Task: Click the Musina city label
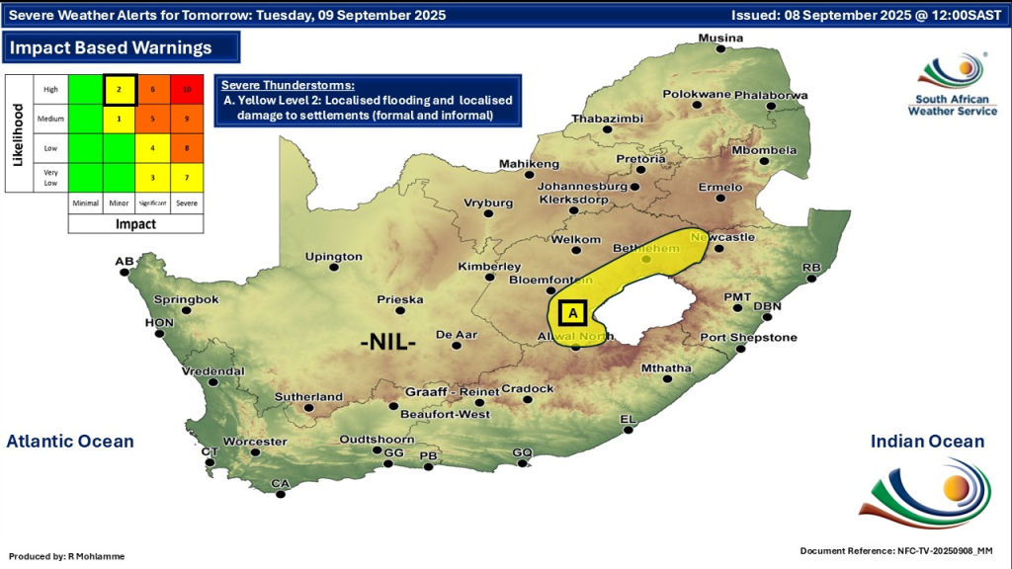coord(720,39)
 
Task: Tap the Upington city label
coord(334,257)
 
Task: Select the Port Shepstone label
coord(748,338)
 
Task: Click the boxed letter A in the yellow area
coord(572,313)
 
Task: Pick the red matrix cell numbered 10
coord(186,89)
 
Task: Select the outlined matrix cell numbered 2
coord(120,89)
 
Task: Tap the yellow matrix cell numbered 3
coord(152,177)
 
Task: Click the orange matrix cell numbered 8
coord(186,148)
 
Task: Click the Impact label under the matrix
coord(135,224)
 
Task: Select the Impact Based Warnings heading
coord(111,47)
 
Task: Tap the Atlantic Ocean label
coord(70,442)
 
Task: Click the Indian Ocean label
coord(927,442)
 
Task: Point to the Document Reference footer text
coord(896,550)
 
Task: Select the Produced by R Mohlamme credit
coord(67,557)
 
